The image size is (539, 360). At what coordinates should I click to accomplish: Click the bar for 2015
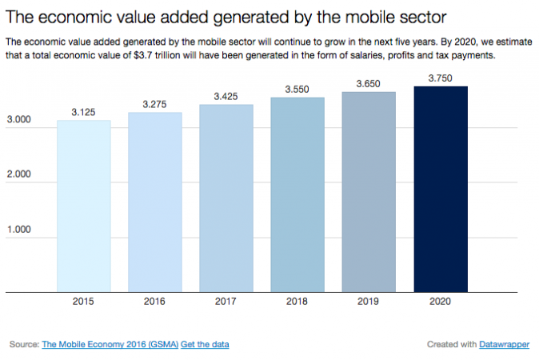(83, 206)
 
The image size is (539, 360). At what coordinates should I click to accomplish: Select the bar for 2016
(154, 202)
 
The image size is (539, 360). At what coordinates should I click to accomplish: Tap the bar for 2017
(226, 198)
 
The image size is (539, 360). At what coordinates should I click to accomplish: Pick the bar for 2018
(297, 195)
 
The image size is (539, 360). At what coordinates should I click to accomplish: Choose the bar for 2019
(369, 192)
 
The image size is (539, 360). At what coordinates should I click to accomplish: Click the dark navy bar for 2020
(440, 190)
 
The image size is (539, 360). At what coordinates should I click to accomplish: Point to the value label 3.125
(83, 113)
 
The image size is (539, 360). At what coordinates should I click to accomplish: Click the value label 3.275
(154, 105)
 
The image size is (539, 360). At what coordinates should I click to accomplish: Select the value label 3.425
(226, 97)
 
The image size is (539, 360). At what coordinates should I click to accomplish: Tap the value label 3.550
(297, 90)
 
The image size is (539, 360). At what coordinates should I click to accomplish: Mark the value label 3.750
(440, 78)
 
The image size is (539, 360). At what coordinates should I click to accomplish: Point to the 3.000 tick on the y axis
(18, 120)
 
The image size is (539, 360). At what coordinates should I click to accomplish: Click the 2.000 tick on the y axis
(18, 174)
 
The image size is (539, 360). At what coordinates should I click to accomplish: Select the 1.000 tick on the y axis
(18, 230)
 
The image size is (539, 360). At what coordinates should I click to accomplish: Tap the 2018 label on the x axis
(297, 302)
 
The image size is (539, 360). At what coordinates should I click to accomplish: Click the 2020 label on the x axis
(440, 302)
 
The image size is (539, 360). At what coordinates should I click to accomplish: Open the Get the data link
(205, 344)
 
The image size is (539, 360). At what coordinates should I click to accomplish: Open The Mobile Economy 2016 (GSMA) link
(110, 344)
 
